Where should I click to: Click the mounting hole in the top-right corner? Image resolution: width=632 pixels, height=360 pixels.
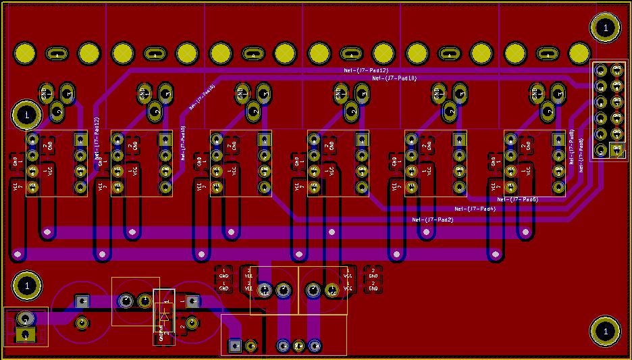tap(605, 28)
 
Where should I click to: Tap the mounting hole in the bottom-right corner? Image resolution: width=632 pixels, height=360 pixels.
tap(605, 331)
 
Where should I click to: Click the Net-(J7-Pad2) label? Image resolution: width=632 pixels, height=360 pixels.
tap(433, 220)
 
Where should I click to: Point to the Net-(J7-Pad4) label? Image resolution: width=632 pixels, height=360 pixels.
tap(475, 209)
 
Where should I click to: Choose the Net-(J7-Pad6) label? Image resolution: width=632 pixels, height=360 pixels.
tap(517, 199)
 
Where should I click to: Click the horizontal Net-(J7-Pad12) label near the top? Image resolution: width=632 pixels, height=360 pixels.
tap(366, 70)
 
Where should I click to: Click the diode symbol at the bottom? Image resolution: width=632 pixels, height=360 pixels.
tap(164, 314)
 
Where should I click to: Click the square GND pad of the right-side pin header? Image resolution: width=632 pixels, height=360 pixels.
tap(616, 150)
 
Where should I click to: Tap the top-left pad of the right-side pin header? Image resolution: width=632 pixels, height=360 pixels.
tap(600, 68)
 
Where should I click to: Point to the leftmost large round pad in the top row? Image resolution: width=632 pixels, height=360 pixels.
tap(25, 53)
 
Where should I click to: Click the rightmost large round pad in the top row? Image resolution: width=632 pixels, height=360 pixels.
tap(579, 53)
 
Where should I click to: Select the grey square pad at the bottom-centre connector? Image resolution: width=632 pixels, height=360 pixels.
tap(235, 346)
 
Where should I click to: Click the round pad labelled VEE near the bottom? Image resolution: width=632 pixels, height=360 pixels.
tap(264, 290)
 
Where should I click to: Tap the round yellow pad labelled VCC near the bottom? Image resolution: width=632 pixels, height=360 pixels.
tap(332, 290)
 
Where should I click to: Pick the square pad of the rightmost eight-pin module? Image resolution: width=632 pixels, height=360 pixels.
tap(558, 139)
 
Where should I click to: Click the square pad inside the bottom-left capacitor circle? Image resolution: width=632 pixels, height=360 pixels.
tap(82, 301)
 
